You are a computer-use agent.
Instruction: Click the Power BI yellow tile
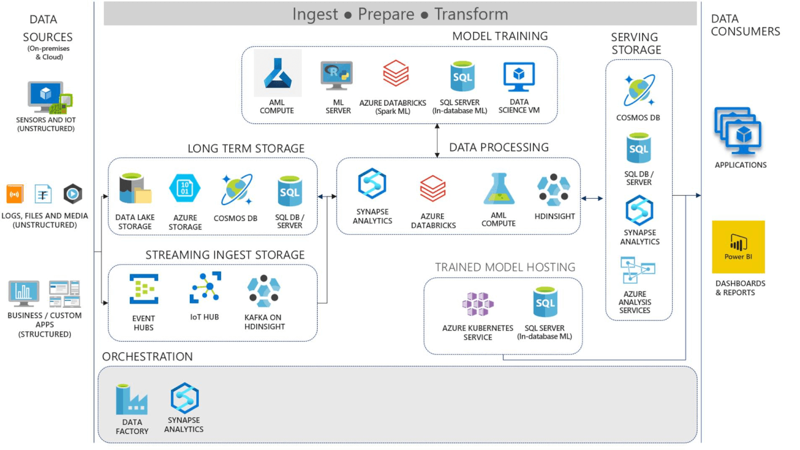tap(738, 247)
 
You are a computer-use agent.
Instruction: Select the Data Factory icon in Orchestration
tap(131, 400)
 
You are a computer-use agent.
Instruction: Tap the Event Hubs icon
tap(143, 289)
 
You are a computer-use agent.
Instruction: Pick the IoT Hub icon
tap(205, 287)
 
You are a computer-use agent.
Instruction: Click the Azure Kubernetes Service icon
tap(478, 304)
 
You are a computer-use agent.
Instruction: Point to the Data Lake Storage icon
tap(134, 190)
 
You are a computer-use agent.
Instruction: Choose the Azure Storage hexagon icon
tap(185, 189)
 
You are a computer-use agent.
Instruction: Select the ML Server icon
tap(337, 76)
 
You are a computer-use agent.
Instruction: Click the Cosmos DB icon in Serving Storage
tap(639, 90)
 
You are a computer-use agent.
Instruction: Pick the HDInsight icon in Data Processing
tap(553, 190)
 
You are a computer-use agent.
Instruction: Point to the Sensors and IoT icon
tap(49, 97)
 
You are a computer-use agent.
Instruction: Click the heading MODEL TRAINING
tap(499, 37)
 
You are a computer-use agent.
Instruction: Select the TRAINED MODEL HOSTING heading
tap(505, 267)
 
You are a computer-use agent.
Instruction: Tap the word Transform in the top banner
tap(471, 14)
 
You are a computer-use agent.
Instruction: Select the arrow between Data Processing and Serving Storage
tap(592, 198)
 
